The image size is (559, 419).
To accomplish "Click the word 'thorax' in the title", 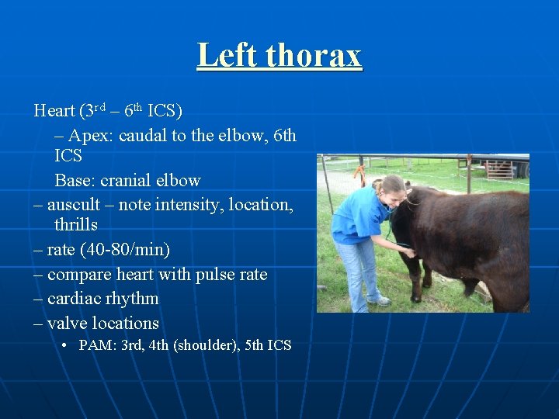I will click(314, 56).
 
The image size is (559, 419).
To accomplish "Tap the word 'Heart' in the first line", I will click(54, 110).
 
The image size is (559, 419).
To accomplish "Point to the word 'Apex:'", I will click(91, 136).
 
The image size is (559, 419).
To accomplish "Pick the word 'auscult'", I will click(73, 205).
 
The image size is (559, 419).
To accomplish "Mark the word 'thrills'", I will click(76, 225).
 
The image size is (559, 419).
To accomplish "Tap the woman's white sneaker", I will click(380, 300).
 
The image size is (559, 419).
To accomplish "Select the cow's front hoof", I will click(417, 298).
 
